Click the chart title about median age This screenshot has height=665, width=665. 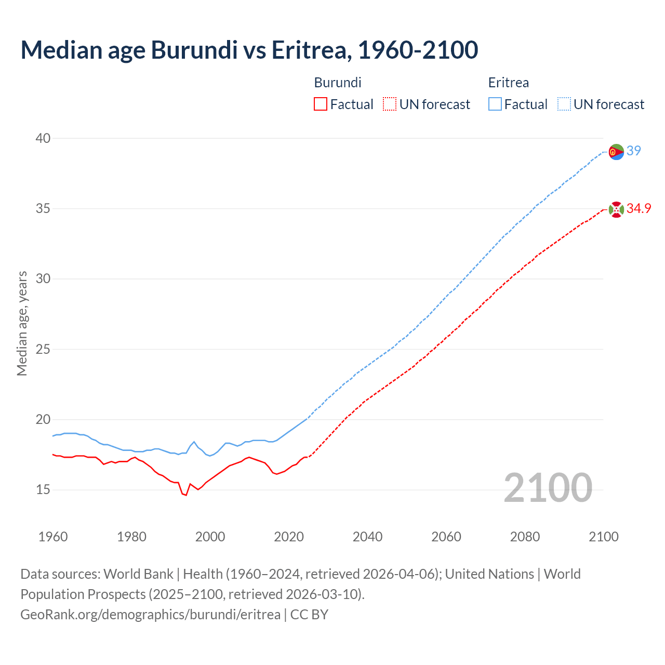[249, 50]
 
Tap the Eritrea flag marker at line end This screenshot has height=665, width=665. [616, 152]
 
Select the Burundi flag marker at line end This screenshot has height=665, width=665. [616, 209]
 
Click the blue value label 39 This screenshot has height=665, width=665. [634, 151]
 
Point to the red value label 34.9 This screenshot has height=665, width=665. [639, 208]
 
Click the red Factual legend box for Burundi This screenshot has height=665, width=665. [321, 104]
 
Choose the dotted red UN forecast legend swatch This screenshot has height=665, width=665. [390, 104]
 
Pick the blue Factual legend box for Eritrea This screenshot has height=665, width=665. [495, 104]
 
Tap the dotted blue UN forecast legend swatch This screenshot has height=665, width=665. [564, 104]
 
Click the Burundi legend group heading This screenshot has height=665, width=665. [338, 83]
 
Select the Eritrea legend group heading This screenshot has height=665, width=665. [509, 83]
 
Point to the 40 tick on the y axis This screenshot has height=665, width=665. [43, 138]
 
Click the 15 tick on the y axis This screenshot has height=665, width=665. [43, 489]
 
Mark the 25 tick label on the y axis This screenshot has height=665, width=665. [43, 349]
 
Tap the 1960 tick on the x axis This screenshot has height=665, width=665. [53, 537]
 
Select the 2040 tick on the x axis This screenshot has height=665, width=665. [367, 537]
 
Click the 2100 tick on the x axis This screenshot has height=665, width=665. [604, 537]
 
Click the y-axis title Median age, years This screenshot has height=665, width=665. [22, 323]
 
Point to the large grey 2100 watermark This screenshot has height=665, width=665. [548, 488]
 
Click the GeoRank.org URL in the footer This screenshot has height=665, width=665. [150, 615]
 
